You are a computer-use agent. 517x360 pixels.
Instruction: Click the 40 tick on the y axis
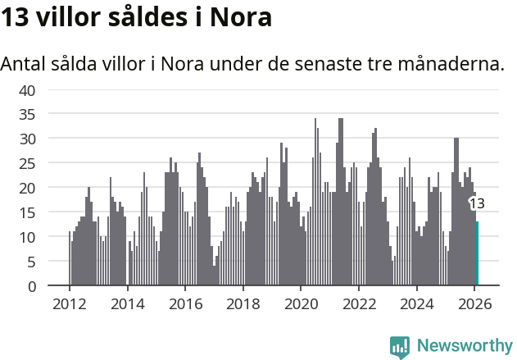27,89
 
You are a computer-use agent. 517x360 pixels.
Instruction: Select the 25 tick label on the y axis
27,163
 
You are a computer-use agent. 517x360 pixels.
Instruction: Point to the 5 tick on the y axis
31,262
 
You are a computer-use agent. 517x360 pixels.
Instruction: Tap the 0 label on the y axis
31,286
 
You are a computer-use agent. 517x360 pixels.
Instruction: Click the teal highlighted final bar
477,254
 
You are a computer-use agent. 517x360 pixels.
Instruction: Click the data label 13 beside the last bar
476,203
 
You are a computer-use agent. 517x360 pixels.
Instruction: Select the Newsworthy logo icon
400,346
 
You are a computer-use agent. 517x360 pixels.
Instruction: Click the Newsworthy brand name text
464,346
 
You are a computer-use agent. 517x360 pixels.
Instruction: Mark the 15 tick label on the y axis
27,212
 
